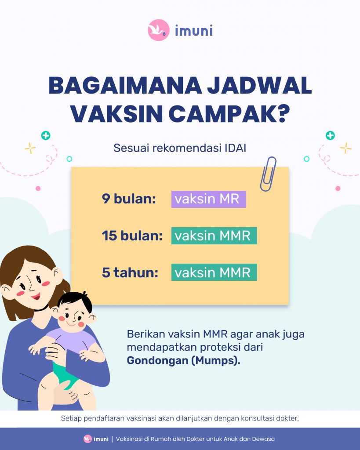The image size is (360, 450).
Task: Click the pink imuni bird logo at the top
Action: [x=159, y=30]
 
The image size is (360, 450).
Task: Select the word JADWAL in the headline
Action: [x=259, y=86]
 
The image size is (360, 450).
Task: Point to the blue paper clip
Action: [x=268, y=174]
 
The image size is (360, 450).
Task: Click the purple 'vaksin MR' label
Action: [x=209, y=199]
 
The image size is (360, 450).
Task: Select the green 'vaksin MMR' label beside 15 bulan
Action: [x=214, y=236]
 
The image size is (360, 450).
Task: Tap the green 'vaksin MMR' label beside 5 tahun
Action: [x=214, y=272]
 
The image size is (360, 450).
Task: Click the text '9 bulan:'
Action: [x=129, y=199]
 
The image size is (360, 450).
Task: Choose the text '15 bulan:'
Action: [x=132, y=236]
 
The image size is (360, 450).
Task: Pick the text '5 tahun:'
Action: [x=130, y=272]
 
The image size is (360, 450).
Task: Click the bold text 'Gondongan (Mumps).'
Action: [x=183, y=360]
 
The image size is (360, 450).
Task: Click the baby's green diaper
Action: [x=65, y=373]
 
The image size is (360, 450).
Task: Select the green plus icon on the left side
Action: [x=46, y=135]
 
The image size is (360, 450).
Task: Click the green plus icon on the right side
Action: [x=330, y=135]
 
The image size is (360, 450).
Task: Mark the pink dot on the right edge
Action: [x=338, y=189]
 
